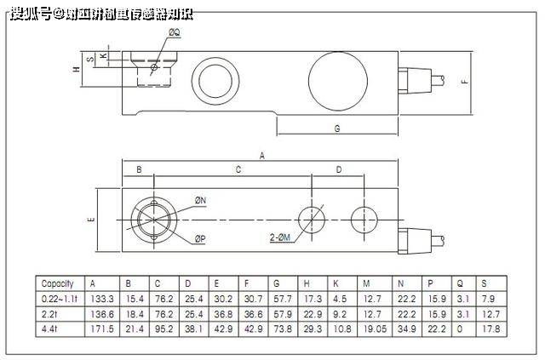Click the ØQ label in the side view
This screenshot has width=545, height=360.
click(174, 31)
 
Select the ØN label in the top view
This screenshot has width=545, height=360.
click(201, 200)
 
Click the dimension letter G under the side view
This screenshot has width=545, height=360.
click(337, 129)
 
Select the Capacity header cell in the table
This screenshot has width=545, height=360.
click(58, 283)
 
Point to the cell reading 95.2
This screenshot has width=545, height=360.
click(162, 328)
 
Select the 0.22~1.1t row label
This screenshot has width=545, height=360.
click(58, 298)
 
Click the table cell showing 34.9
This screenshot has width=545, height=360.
click(405, 328)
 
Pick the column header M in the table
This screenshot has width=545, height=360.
click(366, 283)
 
